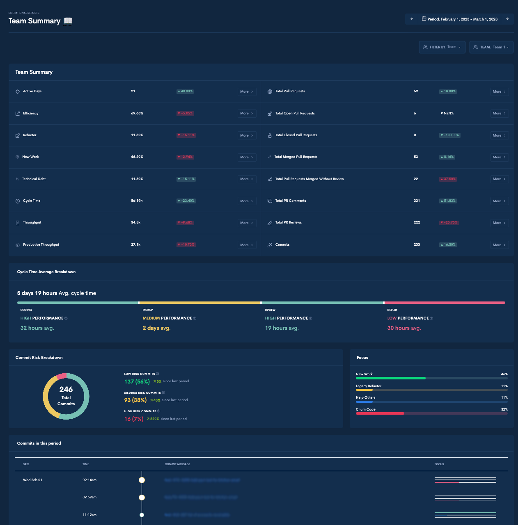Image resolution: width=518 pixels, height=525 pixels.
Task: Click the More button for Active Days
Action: (x=247, y=91)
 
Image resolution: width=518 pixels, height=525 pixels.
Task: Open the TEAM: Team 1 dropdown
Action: (x=491, y=47)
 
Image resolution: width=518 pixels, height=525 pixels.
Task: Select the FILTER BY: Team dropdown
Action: (x=442, y=47)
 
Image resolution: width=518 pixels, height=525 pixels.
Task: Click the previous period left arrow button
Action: (x=412, y=19)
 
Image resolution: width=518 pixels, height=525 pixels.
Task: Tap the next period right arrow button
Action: (x=507, y=19)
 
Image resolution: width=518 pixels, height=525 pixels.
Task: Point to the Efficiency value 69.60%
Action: (x=137, y=113)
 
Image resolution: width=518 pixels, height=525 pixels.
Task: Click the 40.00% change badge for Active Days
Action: (x=185, y=91)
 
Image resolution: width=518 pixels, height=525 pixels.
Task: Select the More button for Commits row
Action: (x=499, y=245)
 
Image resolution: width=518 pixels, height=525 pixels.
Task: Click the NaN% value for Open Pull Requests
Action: (x=447, y=113)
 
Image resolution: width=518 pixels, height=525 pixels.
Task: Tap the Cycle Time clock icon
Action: (x=18, y=201)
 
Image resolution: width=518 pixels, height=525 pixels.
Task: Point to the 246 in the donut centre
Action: (x=66, y=390)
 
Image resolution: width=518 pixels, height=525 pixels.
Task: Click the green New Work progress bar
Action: (x=390, y=378)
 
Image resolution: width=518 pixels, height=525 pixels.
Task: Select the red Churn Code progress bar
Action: (x=380, y=413)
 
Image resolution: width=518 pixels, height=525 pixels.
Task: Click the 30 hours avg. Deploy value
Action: (x=404, y=328)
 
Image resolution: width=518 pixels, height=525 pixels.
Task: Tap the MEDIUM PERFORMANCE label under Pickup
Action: (x=167, y=318)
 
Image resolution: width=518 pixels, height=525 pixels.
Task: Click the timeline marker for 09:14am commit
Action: (x=142, y=480)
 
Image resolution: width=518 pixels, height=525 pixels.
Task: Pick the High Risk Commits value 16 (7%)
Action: (x=134, y=419)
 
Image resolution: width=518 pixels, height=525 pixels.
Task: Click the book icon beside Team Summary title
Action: (x=68, y=21)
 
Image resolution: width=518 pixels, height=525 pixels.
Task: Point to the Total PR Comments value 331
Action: (x=417, y=201)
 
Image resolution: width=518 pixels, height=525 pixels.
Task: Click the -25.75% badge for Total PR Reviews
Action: (x=449, y=223)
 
